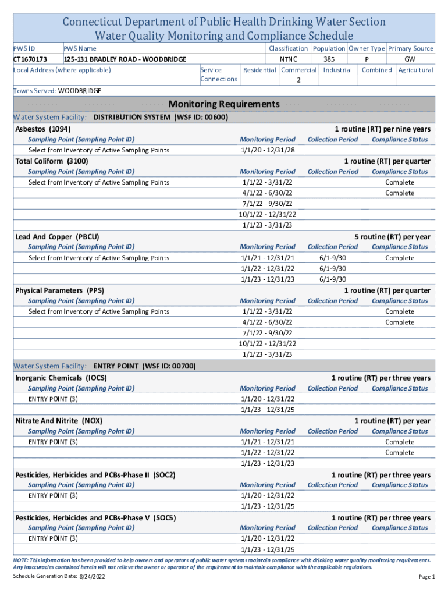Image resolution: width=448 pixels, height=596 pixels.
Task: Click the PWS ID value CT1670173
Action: point(31,59)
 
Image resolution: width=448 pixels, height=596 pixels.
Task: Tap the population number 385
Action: point(329,59)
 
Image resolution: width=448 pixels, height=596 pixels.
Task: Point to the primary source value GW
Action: point(410,59)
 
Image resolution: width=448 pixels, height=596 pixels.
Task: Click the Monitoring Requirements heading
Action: point(224,105)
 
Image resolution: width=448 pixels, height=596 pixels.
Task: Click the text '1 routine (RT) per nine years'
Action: point(382,129)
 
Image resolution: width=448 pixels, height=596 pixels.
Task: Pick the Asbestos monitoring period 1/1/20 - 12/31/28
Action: point(268,150)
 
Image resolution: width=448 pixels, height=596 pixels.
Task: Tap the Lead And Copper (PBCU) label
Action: point(57,237)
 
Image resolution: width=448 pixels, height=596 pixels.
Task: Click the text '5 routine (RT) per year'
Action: point(393,237)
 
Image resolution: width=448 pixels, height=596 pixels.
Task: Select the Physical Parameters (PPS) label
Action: point(60,290)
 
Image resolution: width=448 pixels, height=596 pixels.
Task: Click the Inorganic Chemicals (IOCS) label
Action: point(61,378)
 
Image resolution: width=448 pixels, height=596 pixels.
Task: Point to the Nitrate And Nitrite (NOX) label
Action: point(59,421)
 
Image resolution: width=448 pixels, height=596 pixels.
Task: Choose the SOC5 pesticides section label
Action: point(95,517)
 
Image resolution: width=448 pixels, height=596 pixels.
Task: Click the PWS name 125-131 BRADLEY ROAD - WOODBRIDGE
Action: point(125,59)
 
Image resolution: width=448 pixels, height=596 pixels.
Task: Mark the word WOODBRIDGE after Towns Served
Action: point(80,91)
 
